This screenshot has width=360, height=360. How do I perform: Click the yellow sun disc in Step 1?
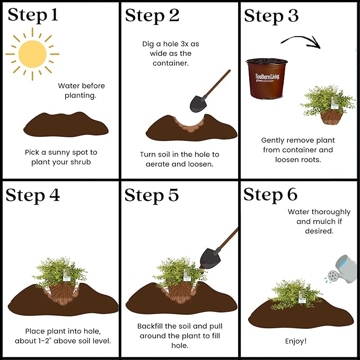[x=32, y=54]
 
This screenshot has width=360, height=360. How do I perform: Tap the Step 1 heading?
[x=32, y=15]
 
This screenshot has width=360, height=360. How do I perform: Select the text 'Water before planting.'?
[x=81, y=91]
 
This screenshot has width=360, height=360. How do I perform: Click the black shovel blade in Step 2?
[x=198, y=103]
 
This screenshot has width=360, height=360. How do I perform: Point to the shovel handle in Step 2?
[x=217, y=83]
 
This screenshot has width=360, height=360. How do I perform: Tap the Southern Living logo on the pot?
[x=267, y=77]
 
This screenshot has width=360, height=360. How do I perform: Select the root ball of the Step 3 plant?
[x=331, y=117]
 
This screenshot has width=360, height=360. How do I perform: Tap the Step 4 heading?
[x=32, y=195]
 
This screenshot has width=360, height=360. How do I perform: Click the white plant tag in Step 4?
[x=67, y=275]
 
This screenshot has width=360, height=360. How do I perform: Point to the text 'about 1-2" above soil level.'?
[x=63, y=341]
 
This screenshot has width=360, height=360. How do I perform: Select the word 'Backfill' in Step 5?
[x=150, y=326]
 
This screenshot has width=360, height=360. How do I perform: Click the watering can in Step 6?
[x=341, y=269]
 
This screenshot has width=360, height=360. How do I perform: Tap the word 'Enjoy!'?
[x=296, y=341]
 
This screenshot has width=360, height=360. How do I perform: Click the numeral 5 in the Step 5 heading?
[x=173, y=195]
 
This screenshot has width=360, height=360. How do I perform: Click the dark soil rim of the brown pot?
[x=267, y=62]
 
